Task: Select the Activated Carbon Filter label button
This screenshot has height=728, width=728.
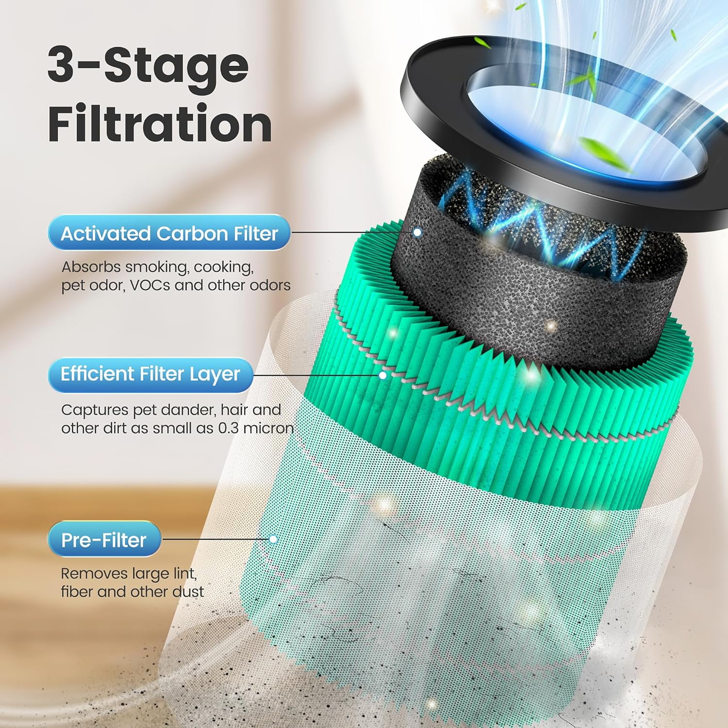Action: point(169,233)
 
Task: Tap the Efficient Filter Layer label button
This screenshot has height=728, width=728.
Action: point(150,374)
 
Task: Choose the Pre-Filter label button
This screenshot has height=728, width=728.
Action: point(104,540)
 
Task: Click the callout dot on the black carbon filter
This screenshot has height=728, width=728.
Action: point(417,232)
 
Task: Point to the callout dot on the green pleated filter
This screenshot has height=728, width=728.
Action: point(383,375)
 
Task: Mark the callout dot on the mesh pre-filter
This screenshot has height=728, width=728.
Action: point(273,539)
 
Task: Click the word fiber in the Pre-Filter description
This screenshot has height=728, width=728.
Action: point(77,592)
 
